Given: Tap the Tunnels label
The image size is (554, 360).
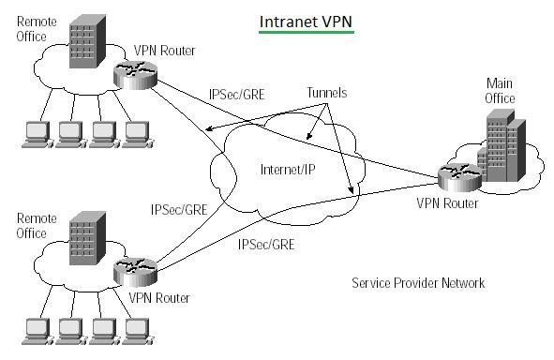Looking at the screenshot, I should tap(326, 95).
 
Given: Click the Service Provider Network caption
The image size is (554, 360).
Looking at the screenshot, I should tap(417, 282).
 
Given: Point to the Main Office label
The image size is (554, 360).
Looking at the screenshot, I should tap(500, 90).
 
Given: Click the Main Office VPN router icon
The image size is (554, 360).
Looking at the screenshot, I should tap(457, 175).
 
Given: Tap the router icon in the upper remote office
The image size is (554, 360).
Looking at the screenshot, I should tap(136, 76).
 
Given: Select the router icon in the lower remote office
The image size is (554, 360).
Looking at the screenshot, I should tap(136, 272).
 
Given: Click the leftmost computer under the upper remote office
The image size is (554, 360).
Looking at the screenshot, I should tap(37, 134).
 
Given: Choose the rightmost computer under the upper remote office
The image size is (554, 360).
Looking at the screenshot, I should tap(136, 134).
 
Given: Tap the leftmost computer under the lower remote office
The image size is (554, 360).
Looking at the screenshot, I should tap(37, 328).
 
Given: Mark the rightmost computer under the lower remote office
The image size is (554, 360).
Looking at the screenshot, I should tap(136, 328).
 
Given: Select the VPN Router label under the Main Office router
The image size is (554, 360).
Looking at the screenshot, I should tap(448, 202).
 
